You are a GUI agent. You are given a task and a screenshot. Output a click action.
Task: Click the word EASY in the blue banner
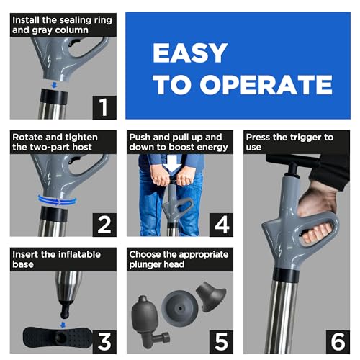point(190,53)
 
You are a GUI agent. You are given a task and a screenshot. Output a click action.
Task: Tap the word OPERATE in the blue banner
point(266,84)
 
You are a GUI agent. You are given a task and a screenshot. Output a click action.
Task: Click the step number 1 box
point(104,107)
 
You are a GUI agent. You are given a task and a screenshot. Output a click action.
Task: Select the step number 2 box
point(104,225)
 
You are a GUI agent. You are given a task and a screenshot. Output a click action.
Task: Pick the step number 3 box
point(104,342)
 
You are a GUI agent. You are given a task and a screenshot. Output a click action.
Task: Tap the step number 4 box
point(221,225)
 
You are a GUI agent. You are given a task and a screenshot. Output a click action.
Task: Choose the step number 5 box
point(221,342)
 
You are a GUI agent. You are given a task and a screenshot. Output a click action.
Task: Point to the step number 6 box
point(338,342)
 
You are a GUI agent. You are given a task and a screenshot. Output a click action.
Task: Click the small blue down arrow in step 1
point(55,85)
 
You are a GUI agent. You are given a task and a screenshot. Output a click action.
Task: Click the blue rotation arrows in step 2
point(57,201)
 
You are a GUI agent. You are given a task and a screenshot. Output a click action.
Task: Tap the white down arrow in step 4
point(172,163)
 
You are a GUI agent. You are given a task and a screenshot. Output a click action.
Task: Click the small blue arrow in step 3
point(63,325)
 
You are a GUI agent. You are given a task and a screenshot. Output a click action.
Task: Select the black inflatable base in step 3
point(58,337)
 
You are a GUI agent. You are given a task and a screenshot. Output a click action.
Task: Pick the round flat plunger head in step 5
point(180,308)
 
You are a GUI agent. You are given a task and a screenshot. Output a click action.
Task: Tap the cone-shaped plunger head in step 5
point(211,296)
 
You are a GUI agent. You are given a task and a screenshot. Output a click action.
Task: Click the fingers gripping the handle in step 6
point(318,233)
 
